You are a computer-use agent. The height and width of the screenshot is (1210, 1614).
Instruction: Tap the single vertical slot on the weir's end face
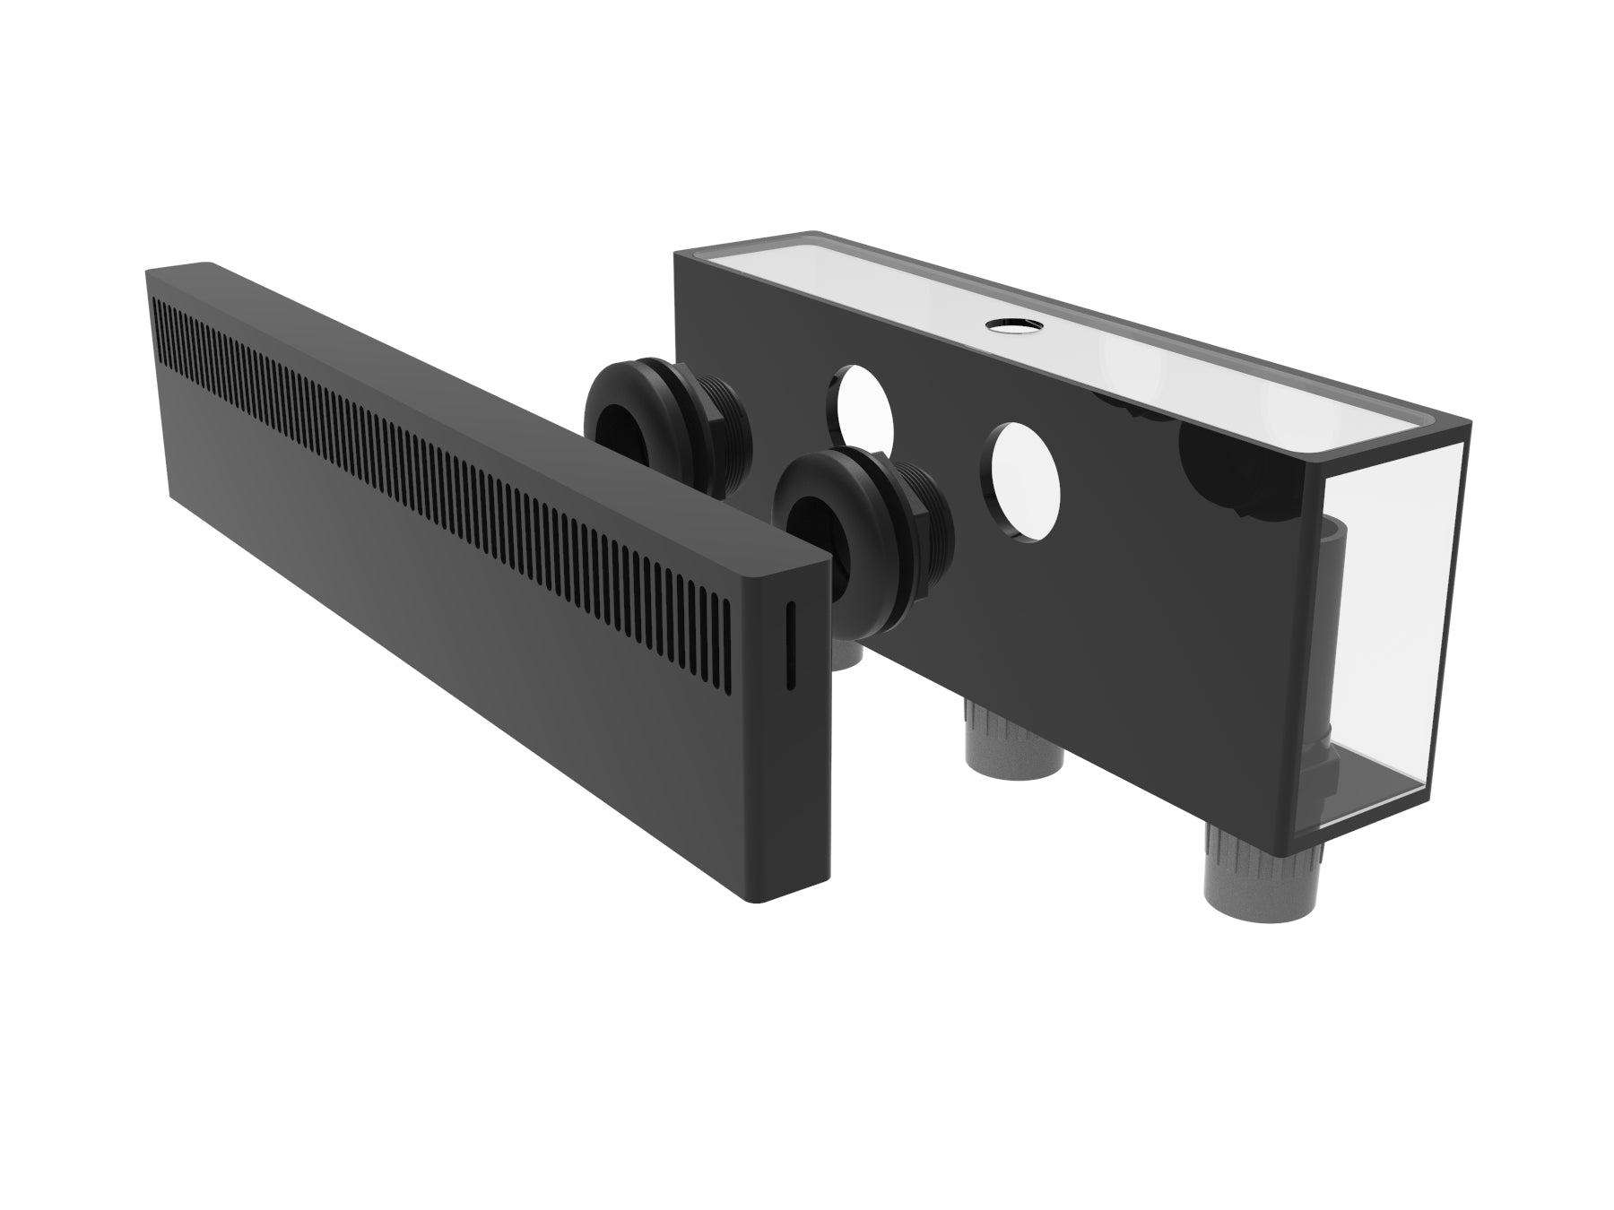(791, 645)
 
